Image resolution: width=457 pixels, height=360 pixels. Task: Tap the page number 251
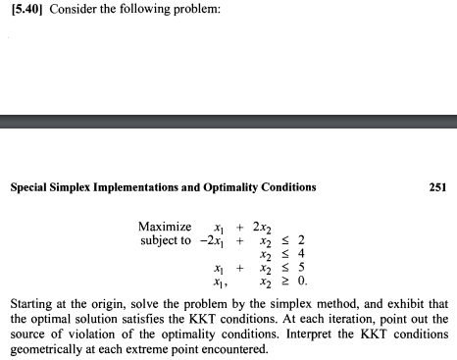pos(437,187)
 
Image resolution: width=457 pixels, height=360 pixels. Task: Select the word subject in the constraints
pos(161,240)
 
